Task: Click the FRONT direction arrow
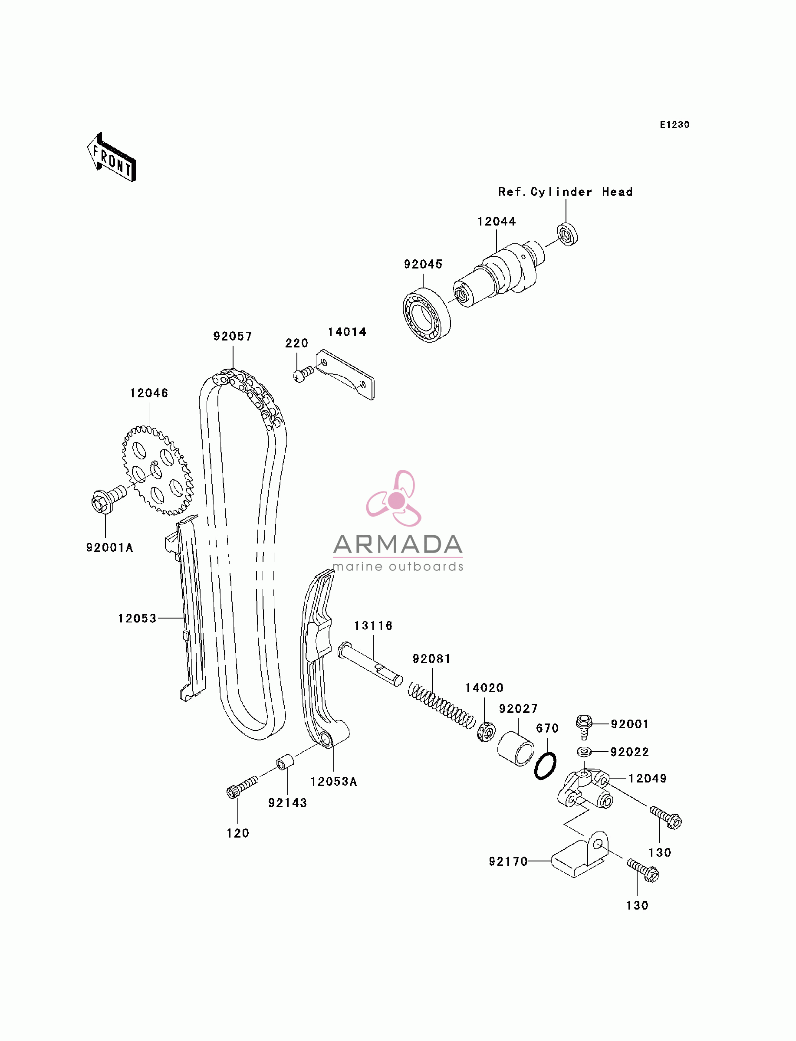pos(112,157)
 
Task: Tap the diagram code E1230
pos(675,124)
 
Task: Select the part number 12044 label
pos(497,221)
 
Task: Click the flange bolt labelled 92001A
pos(109,498)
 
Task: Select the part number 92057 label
pos(233,336)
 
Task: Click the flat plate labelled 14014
pos(345,374)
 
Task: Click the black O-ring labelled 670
pos(546,766)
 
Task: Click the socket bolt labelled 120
pos(242,787)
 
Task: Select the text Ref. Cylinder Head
pos(565,192)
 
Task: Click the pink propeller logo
pos(394,498)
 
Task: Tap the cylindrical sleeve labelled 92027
pos(516,749)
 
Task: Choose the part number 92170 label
pos(508,861)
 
